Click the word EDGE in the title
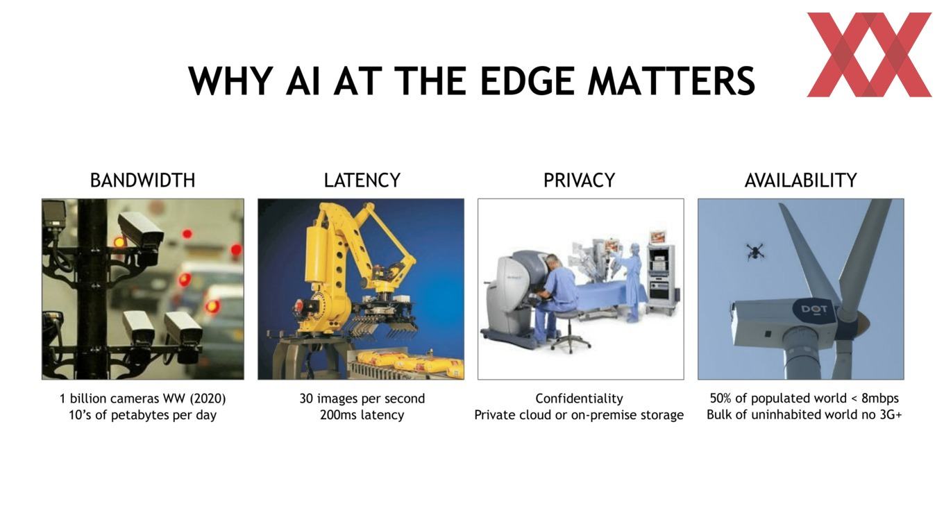coord(528,81)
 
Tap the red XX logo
coord(869,55)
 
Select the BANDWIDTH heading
coord(143,180)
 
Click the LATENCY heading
coord(362,180)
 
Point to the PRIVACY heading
coord(579,180)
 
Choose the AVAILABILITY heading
coord(801,180)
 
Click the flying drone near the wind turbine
coord(755,251)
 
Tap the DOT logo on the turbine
coord(814,310)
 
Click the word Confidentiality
coord(579,398)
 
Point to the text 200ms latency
coord(362,414)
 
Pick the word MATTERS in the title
coord(671,81)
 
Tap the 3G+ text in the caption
coord(891,414)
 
